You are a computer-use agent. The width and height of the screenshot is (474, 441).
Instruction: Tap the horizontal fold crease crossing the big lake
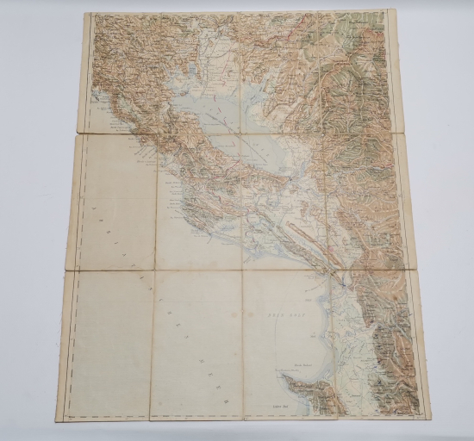259,134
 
